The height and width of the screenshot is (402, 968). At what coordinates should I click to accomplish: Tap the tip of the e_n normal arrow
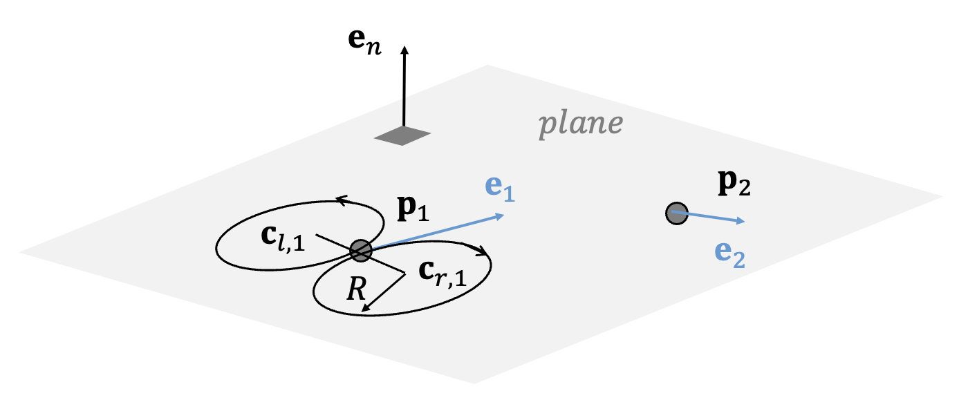point(404,48)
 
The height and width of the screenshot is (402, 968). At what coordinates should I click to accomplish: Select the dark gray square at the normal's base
point(402,136)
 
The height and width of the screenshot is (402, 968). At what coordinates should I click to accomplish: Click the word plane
point(581,124)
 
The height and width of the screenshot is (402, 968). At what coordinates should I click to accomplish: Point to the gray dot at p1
point(360,250)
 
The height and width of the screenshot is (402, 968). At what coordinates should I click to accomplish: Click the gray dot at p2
point(676,213)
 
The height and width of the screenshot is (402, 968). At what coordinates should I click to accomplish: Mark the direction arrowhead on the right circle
point(484,253)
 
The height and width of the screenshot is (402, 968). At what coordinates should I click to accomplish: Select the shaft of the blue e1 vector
point(436,233)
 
